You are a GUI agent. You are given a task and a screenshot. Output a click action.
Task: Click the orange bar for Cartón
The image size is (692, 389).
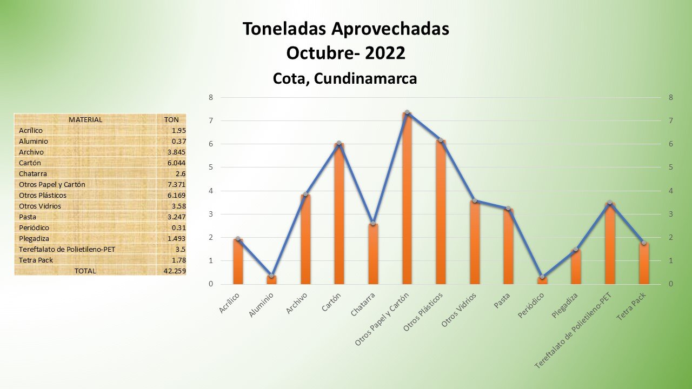339,216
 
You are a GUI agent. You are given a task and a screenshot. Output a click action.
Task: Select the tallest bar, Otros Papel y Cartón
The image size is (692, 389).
407,200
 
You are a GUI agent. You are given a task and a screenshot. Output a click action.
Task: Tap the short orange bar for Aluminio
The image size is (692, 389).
271,279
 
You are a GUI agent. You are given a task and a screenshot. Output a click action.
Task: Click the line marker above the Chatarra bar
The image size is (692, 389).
373,223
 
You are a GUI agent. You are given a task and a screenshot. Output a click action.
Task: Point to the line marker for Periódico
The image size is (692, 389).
542,277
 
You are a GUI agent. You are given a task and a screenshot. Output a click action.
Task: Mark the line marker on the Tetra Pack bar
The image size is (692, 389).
644,243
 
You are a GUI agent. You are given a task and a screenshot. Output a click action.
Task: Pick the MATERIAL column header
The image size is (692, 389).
85,119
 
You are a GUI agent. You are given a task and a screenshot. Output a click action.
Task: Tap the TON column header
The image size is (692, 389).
171,119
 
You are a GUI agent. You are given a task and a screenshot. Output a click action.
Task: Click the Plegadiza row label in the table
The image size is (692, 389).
34,238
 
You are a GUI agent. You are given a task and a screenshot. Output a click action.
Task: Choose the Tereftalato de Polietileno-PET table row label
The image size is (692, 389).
67,249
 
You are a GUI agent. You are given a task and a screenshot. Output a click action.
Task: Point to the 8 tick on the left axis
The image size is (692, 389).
211,97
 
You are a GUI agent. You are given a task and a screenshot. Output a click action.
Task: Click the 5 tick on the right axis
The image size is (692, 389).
670,167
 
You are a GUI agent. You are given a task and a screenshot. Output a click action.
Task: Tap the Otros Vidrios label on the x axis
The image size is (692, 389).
458,310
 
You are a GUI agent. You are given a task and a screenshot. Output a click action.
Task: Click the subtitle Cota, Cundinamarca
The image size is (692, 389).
345,79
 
